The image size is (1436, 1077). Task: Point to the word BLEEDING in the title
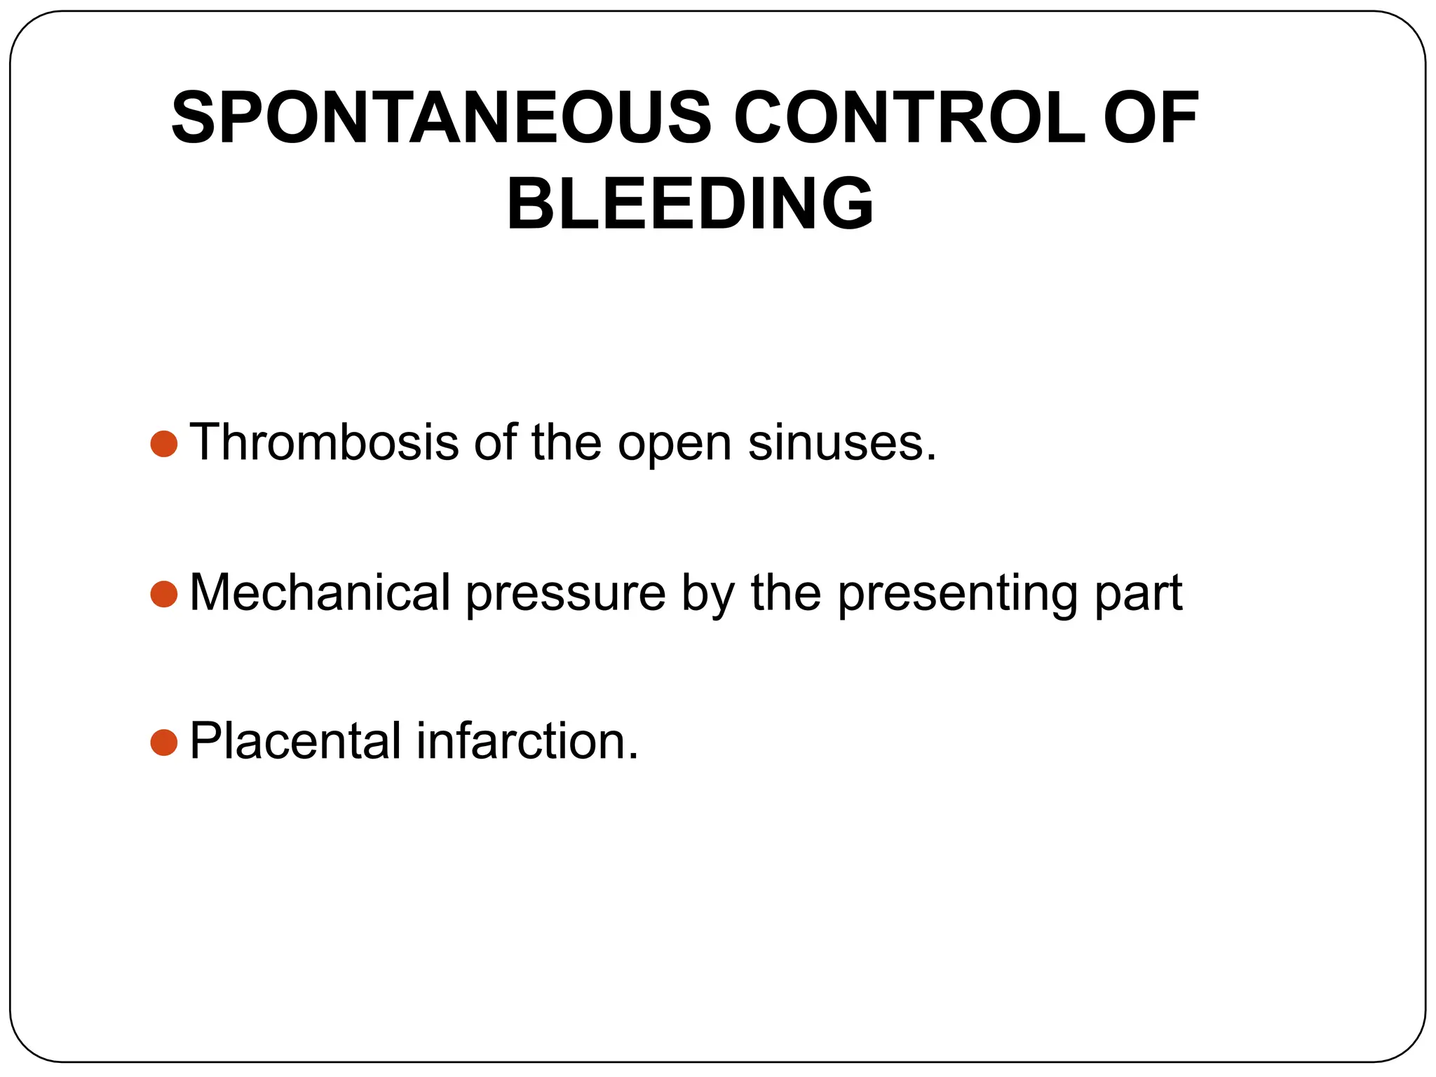(x=690, y=204)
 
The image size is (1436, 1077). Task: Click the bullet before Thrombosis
(x=164, y=444)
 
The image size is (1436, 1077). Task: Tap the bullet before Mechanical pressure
(x=164, y=594)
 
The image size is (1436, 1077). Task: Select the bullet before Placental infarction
(x=164, y=743)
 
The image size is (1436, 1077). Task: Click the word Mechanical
(x=320, y=593)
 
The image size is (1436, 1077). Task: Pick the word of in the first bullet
(x=495, y=443)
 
